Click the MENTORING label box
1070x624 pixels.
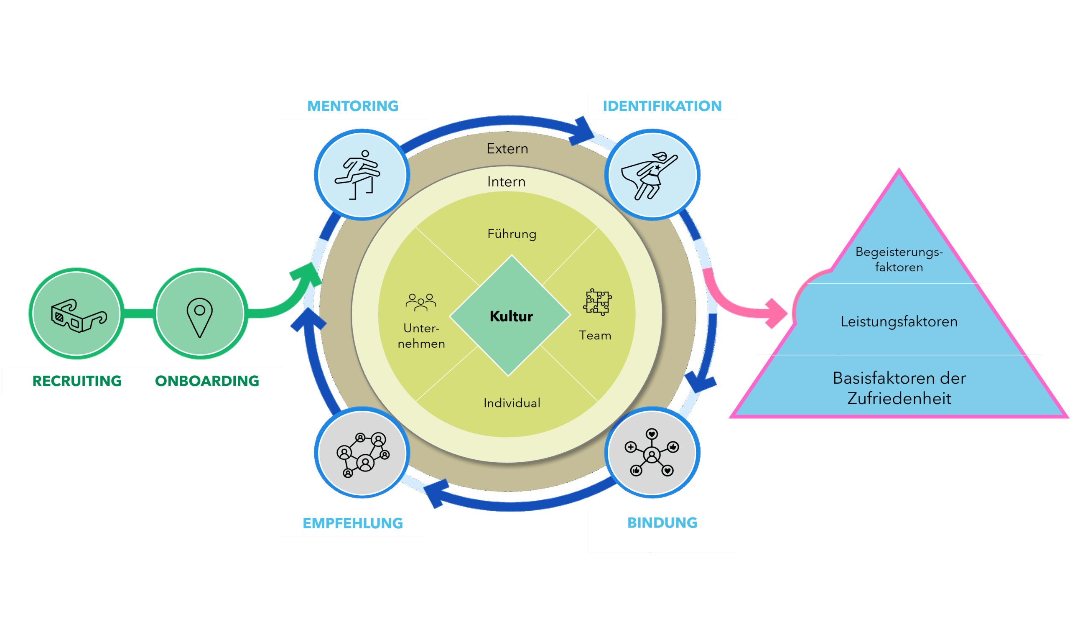(x=352, y=106)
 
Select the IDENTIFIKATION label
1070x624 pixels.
(x=662, y=106)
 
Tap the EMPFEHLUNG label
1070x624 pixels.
(x=352, y=523)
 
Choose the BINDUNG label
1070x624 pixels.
(x=662, y=522)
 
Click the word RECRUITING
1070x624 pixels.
(x=77, y=381)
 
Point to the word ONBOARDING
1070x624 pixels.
(x=207, y=381)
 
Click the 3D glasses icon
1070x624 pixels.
(x=79, y=316)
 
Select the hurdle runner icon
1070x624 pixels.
(x=358, y=174)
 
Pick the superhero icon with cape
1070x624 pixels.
(x=648, y=175)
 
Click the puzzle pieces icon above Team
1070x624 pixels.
(x=597, y=302)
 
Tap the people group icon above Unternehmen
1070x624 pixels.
(x=421, y=302)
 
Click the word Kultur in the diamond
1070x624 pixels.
(x=511, y=316)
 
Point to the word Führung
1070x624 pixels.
(x=512, y=234)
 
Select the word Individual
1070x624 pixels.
(x=512, y=403)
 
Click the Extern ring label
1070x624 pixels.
(x=507, y=148)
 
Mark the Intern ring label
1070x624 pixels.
(x=506, y=182)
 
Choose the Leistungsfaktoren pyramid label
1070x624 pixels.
(x=899, y=321)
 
